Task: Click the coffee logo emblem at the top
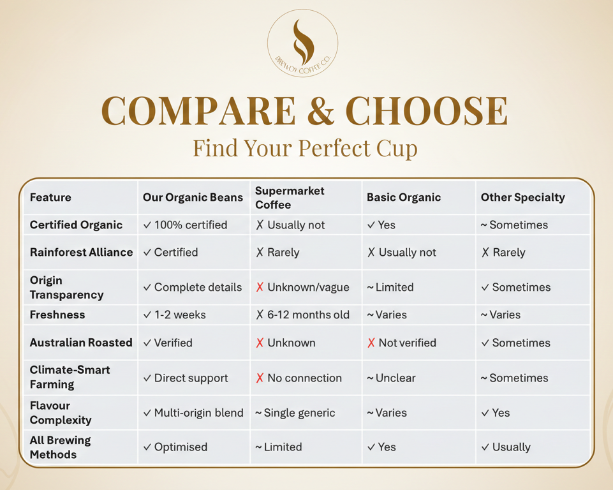(x=302, y=43)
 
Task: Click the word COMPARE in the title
(x=198, y=111)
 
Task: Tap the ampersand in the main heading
(x=320, y=111)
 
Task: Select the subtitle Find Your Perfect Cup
(x=306, y=148)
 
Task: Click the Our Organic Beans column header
(x=193, y=197)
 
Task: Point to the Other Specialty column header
(x=522, y=197)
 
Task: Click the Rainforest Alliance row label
(x=81, y=252)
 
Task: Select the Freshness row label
(x=57, y=315)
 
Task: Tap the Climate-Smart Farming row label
(x=70, y=377)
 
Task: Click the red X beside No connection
(x=260, y=378)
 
